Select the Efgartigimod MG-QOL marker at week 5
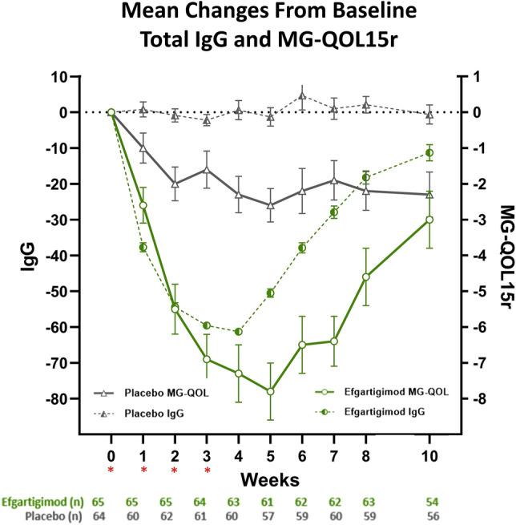270,391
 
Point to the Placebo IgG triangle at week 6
302,96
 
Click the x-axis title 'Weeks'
271,479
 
